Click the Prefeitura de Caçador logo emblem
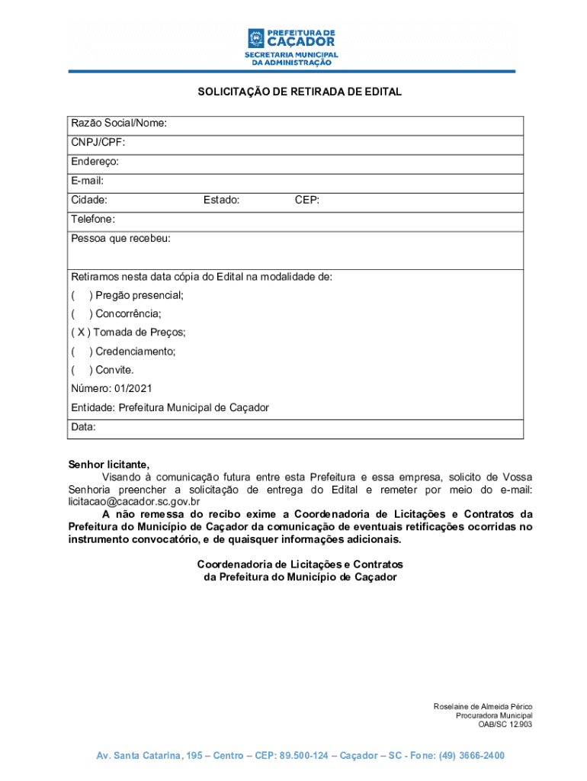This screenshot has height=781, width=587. (255, 38)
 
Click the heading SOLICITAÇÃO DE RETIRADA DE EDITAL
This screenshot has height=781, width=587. (300, 92)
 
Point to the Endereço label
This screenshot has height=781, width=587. (95, 162)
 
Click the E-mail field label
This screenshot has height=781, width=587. (87, 181)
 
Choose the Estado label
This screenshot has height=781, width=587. (221, 200)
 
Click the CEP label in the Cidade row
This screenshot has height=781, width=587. (307, 200)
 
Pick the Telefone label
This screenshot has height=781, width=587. (93, 219)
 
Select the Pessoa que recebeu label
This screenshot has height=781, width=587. (120, 238)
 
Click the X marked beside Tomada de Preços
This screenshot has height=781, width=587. (82, 333)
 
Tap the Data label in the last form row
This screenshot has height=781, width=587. (83, 427)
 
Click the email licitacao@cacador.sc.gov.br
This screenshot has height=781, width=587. (134, 502)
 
